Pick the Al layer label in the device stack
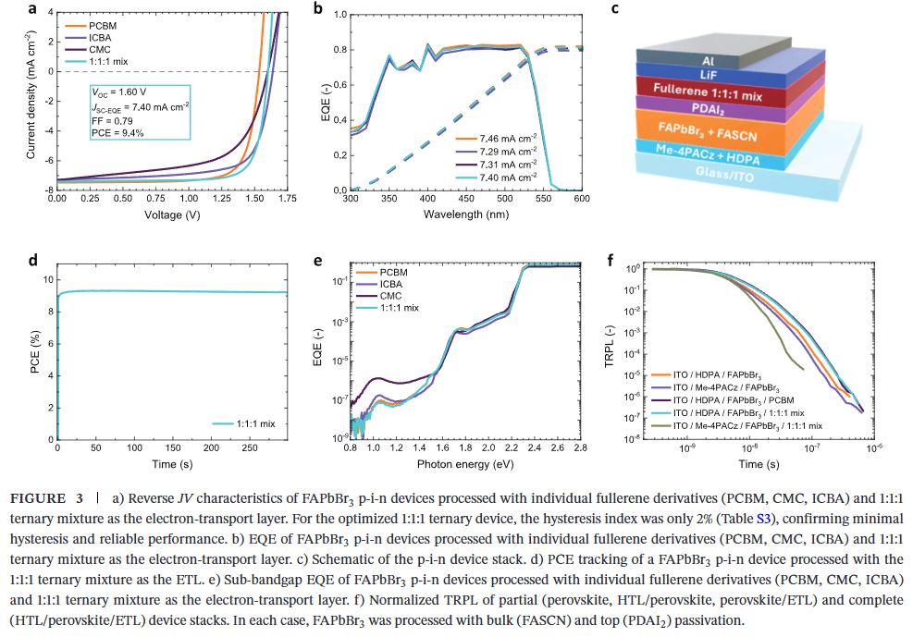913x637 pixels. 709,60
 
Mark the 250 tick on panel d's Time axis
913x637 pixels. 249,447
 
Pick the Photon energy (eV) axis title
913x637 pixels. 464,462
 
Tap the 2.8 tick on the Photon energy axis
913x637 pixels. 581,447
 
